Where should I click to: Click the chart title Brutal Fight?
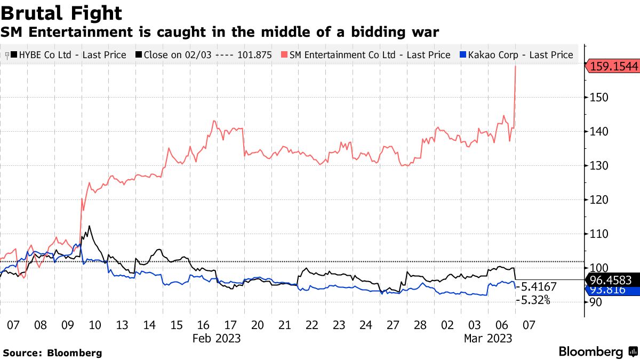[x=61, y=13]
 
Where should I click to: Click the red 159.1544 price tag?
[x=612, y=67]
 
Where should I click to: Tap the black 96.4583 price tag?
[x=612, y=279]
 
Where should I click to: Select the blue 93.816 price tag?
[x=612, y=290]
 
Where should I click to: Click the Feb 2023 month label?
[x=217, y=338]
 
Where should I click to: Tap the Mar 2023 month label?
[x=488, y=338]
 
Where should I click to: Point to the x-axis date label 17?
[x=230, y=325]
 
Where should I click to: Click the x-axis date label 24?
[x=366, y=325]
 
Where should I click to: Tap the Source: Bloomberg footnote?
[x=52, y=353]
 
